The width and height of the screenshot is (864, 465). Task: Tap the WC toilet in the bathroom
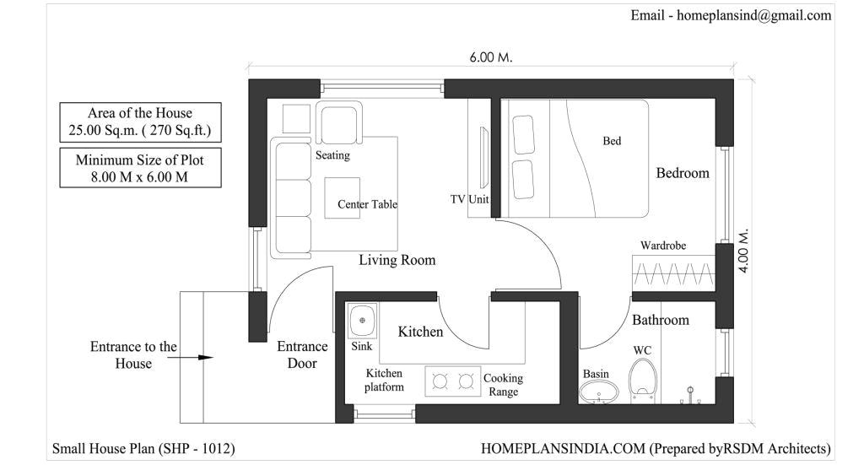point(643,379)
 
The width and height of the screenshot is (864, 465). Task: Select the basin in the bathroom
point(598,392)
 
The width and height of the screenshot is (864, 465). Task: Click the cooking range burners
point(452,381)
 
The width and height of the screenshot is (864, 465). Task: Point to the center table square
point(343,197)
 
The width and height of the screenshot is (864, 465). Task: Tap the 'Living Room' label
point(397,260)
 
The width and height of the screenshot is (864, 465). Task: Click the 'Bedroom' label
point(683,173)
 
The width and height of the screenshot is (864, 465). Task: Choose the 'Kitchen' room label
point(420,332)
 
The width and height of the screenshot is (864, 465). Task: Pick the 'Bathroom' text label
point(660,320)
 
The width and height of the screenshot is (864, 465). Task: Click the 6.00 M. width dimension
point(491,57)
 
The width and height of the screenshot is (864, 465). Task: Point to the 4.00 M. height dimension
point(744,250)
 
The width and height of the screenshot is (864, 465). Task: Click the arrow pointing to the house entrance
point(202,357)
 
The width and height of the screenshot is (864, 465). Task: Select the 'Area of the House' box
point(140,122)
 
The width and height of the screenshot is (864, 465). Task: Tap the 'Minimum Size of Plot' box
point(140,167)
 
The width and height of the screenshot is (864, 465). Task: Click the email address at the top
point(731,15)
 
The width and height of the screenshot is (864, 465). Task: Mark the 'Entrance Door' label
point(302,354)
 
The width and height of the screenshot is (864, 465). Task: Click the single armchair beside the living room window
point(340,122)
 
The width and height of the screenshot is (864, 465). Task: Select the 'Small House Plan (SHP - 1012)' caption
point(143,448)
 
